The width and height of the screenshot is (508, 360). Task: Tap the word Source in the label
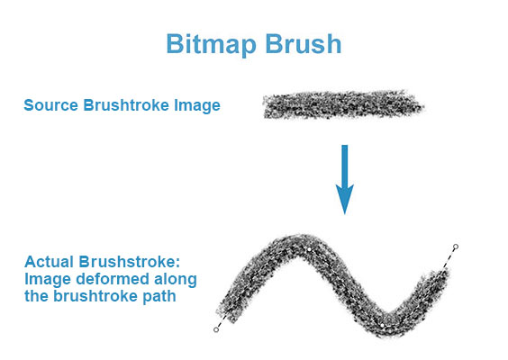(50, 106)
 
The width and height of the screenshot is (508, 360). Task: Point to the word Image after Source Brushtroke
(199, 106)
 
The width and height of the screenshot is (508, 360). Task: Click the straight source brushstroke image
(342, 106)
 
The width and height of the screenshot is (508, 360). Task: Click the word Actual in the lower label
(47, 262)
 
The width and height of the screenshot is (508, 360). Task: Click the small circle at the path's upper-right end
(456, 247)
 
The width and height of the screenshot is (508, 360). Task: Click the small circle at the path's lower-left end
(216, 330)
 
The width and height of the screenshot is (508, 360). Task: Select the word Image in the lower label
(43, 279)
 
